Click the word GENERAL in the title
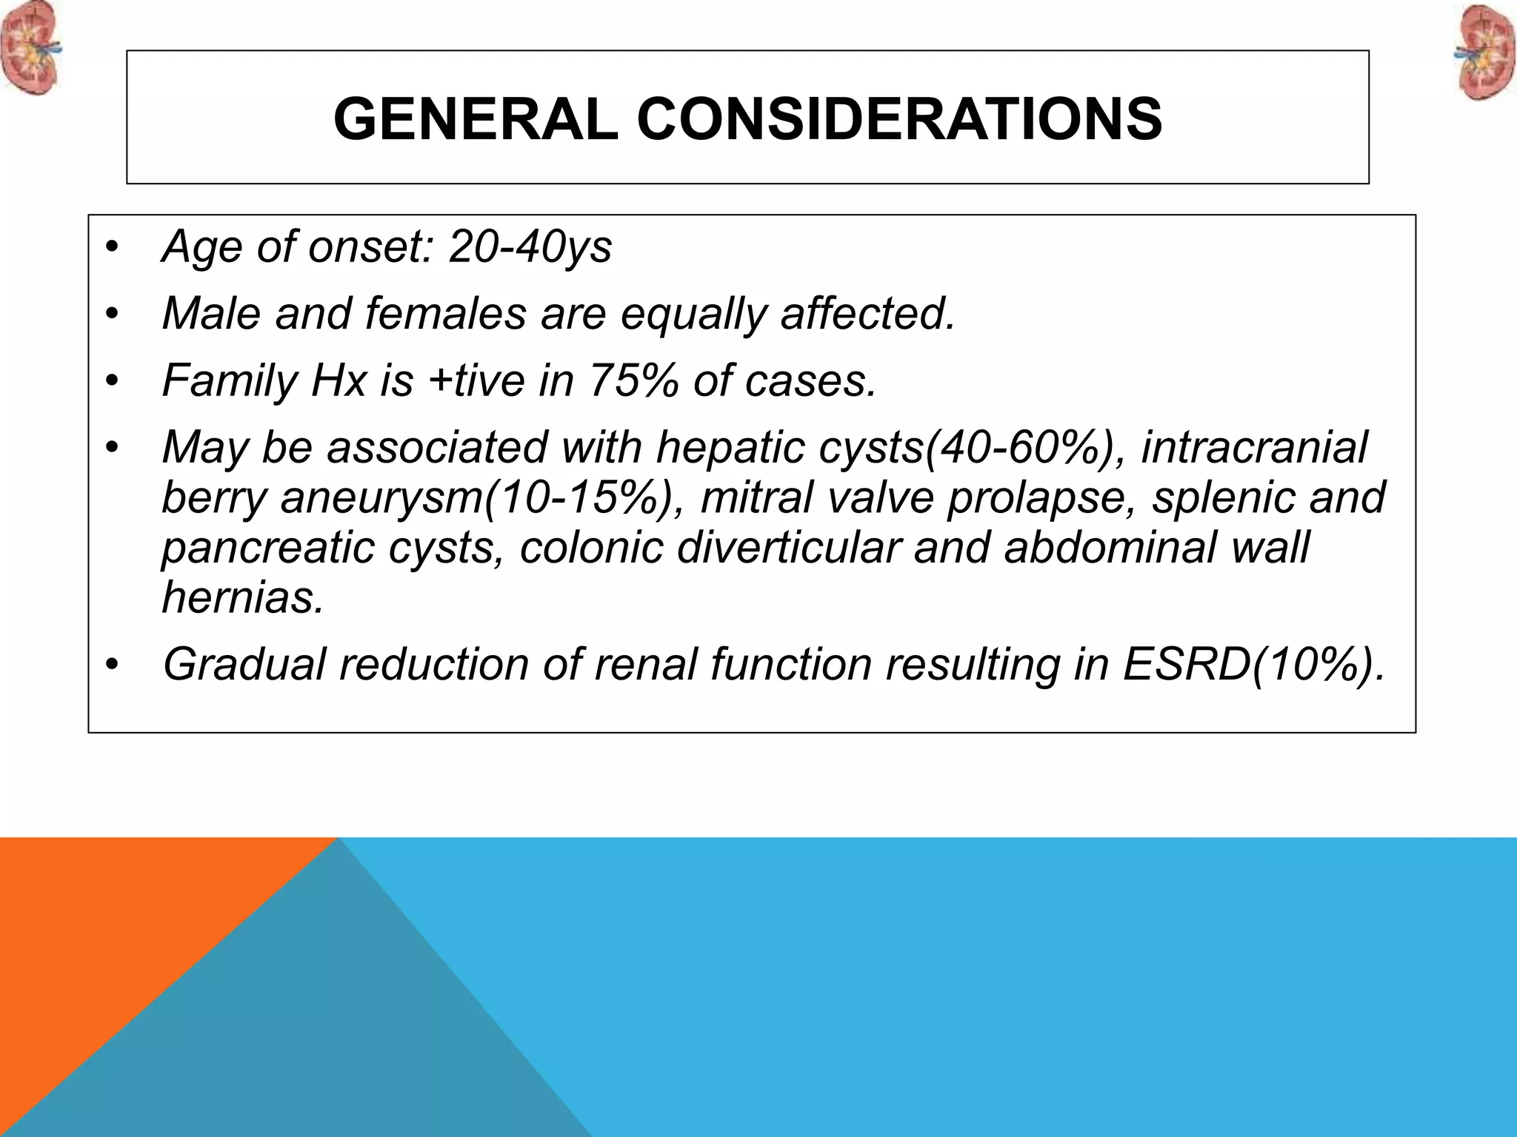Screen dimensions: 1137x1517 click(x=475, y=119)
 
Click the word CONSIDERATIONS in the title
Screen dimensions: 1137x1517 click(x=899, y=119)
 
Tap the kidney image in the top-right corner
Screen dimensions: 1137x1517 click(x=1486, y=53)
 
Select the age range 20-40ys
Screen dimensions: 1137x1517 click(x=530, y=246)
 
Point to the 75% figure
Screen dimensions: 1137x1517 click(x=633, y=380)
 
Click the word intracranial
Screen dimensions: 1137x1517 click(x=1253, y=447)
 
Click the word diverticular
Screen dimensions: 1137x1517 click(x=788, y=548)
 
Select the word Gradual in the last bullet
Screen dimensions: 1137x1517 click(x=244, y=664)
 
